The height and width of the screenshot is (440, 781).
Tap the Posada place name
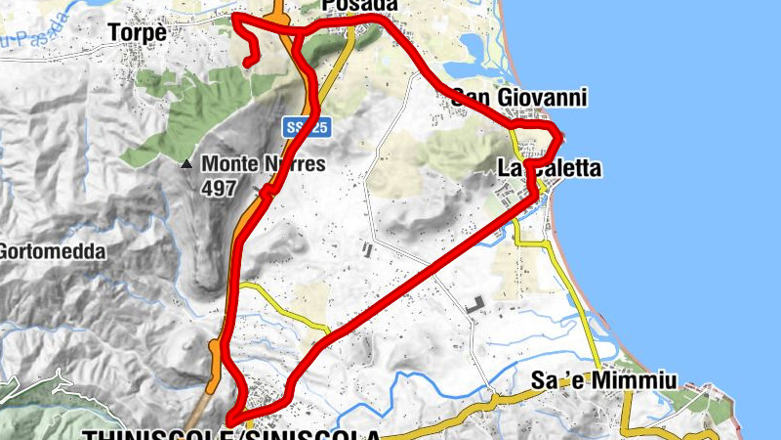[x=361, y=6]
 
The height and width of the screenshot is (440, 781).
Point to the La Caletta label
[x=549, y=169]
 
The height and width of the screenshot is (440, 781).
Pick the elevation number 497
[x=218, y=188]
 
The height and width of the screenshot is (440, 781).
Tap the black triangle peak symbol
[x=186, y=163]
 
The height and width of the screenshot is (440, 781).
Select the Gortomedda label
[x=53, y=250]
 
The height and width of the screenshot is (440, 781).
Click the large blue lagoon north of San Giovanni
[x=479, y=46]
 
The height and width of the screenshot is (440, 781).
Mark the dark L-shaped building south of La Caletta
[x=475, y=305]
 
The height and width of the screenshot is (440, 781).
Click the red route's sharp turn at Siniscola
[x=228, y=423]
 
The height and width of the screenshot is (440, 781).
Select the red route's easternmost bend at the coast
[x=560, y=135]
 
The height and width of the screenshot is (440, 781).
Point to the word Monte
[x=227, y=163]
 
